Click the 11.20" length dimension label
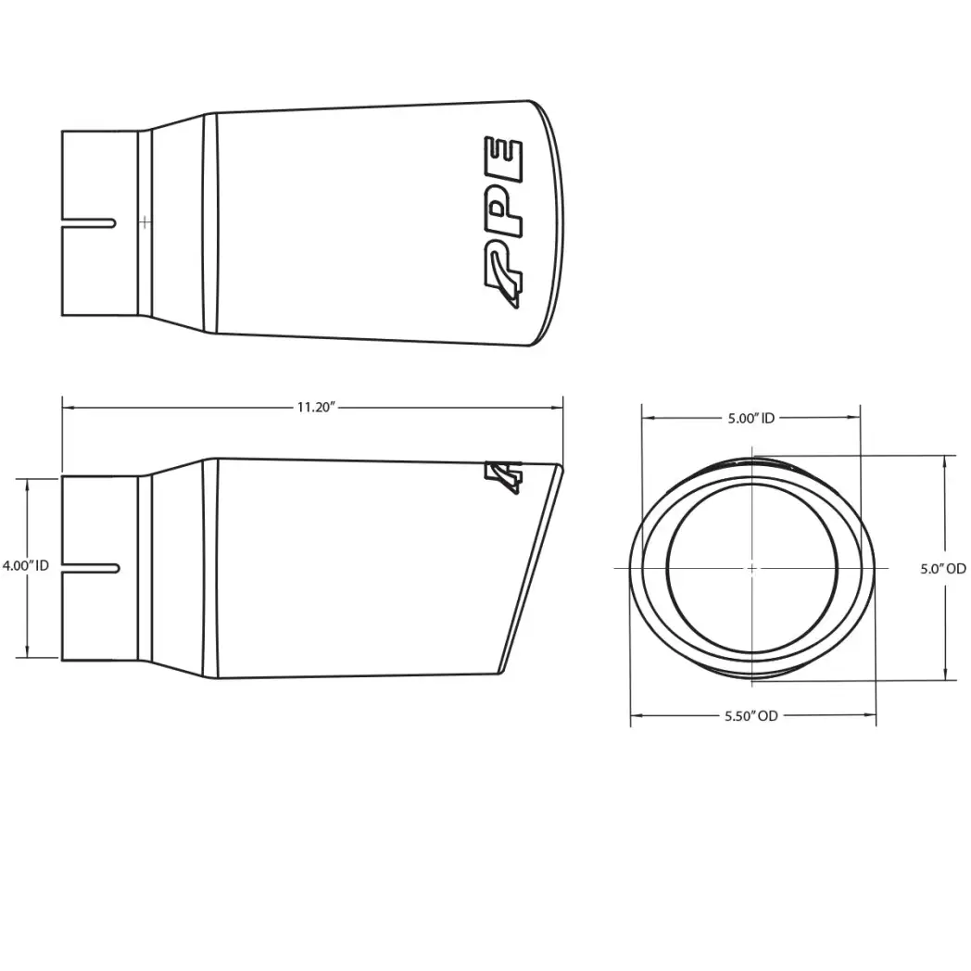point(316,408)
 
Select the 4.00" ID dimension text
point(25,565)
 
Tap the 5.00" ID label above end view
point(751,419)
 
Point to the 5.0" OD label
point(943,569)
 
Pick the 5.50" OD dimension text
point(751,716)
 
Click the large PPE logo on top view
point(503,221)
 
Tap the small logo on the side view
point(503,477)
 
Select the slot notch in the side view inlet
point(91,568)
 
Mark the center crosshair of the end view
point(751,568)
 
